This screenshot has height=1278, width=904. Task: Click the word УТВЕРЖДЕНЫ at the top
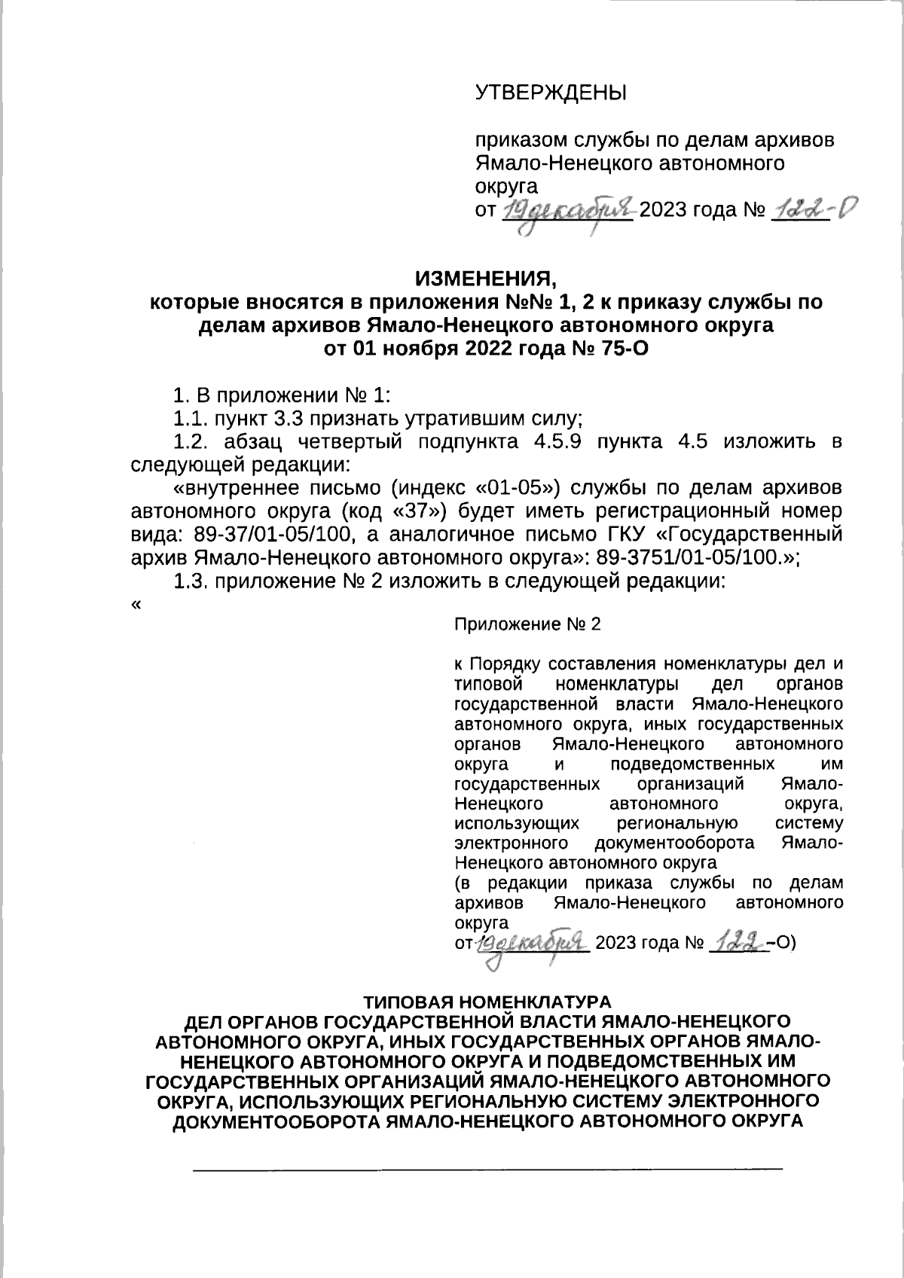point(551,93)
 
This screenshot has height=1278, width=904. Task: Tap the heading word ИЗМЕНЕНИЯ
point(486,279)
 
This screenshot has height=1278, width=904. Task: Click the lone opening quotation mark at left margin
point(136,605)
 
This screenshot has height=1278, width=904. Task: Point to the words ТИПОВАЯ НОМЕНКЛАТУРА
point(486,1003)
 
